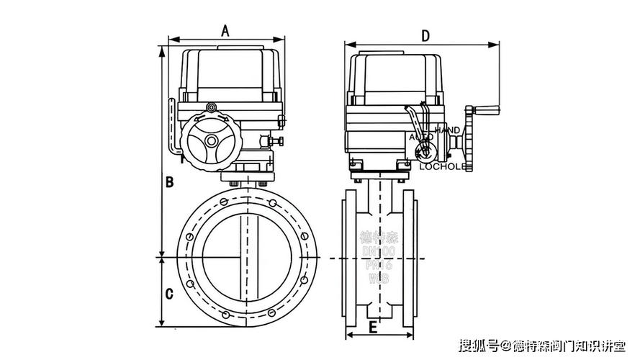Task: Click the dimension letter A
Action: (x=225, y=30)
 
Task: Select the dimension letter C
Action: (x=169, y=294)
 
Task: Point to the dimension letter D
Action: (x=425, y=35)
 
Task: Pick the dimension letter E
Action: (x=372, y=327)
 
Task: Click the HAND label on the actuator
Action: (x=447, y=130)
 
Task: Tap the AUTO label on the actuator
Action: (x=421, y=136)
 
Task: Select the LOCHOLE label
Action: (x=443, y=166)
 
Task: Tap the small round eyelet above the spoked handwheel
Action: (x=211, y=107)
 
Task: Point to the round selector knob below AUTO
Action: (x=423, y=151)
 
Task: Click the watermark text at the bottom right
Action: (x=543, y=346)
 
